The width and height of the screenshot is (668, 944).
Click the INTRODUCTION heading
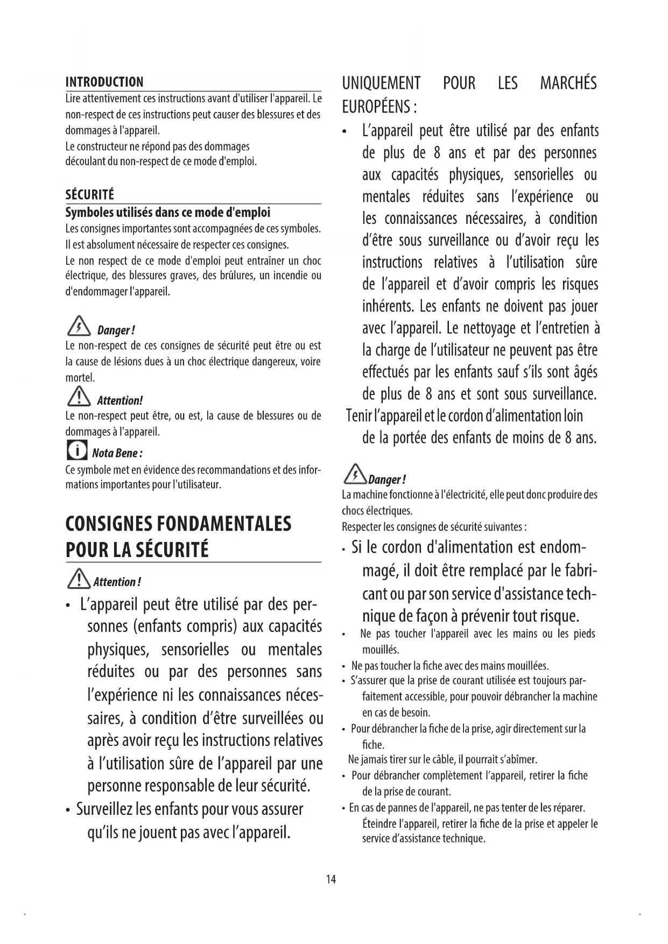[x=104, y=82]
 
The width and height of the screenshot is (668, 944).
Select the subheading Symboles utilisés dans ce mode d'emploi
[x=167, y=212]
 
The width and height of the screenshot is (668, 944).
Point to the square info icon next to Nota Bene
[x=76, y=449]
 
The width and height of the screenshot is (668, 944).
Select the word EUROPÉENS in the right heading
[x=375, y=107]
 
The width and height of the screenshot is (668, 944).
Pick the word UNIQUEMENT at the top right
[x=381, y=83]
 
